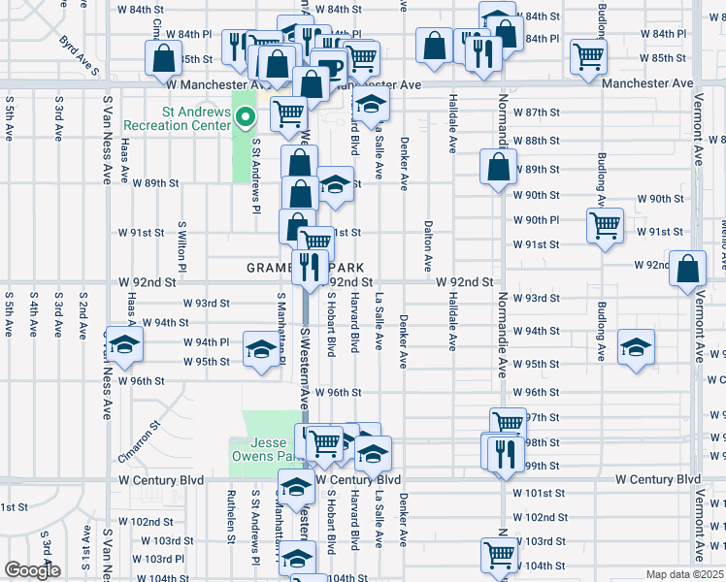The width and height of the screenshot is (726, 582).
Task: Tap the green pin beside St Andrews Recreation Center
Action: [247, 119]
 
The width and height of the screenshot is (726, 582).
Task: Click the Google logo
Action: [32, 570]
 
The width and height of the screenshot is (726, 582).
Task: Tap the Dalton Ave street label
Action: [427, 245]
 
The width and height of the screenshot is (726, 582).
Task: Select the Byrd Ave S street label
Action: [80, 55]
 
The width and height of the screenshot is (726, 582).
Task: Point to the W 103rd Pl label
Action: [158, 559]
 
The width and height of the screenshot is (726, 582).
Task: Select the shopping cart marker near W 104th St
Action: [499, 554]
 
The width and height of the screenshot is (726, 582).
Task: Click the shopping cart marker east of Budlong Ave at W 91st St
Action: [605, 224]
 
